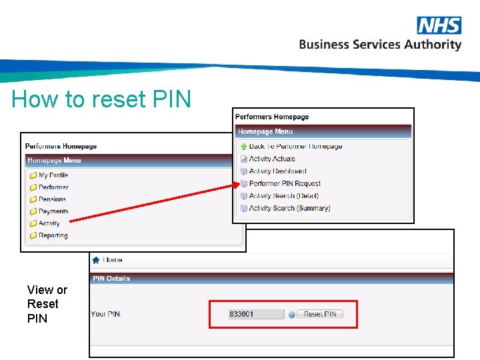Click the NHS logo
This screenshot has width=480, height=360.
439,25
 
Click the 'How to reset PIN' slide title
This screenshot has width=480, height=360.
101,100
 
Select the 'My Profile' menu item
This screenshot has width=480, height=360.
53,175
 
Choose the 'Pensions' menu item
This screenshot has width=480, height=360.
52,199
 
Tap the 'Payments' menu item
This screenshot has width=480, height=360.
53,211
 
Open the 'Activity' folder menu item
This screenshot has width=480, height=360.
49,223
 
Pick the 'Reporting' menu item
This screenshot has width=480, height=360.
53,235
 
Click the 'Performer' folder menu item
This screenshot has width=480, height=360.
53,187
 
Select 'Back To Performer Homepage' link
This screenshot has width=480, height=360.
295,147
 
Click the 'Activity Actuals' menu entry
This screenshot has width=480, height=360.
272,159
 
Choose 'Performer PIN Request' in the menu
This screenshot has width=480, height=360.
285,183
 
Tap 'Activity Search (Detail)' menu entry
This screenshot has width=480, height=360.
283,196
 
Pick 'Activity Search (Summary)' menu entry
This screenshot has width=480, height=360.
289,208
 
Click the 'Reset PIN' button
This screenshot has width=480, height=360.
320,314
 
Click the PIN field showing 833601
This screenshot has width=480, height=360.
255,314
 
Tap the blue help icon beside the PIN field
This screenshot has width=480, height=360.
291,315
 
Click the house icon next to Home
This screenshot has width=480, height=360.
96,260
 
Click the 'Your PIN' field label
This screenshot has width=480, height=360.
106,314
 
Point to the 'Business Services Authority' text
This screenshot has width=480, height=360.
380,45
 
